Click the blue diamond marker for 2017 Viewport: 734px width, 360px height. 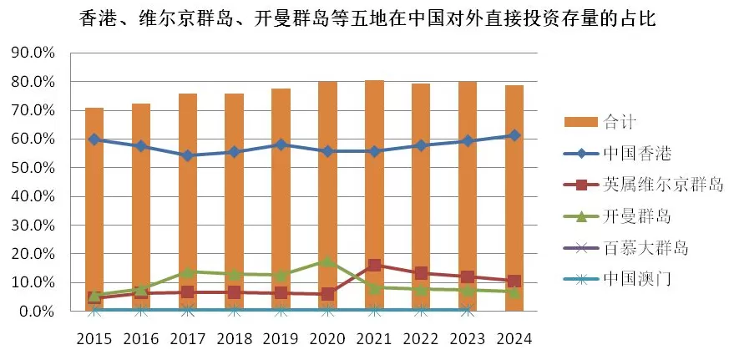click(x=188, y=155)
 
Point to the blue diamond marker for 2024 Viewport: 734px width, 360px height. click(x=514, y=135)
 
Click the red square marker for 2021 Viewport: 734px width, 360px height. click(x=374, y=266)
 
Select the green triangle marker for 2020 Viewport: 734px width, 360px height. click(x=327, y=261)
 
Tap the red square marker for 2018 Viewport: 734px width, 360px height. click(x=235, y=292)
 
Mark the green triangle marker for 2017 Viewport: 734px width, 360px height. click(x=188, y=271)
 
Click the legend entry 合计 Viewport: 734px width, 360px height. click(x=619, y=122)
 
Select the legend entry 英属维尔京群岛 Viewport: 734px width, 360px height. click(x=662, y=185)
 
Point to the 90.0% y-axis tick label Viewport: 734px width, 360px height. click(x=33, y=53)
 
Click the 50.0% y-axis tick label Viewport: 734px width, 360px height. click(x=33, y=168)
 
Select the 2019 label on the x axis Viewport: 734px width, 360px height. click(x=281, y=339)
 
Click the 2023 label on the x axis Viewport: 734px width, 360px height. click(x=468, y=339)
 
